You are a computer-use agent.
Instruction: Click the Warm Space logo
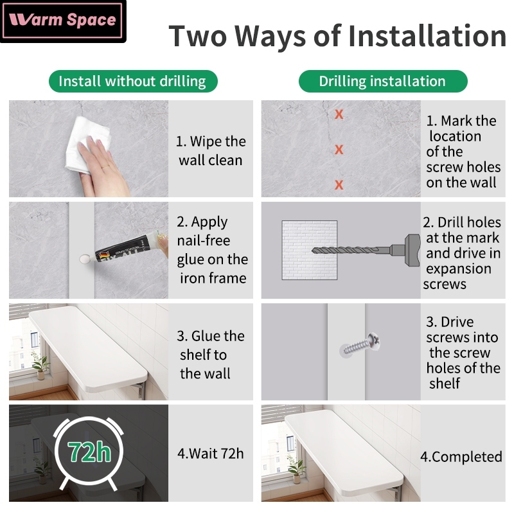[x=62, y=21]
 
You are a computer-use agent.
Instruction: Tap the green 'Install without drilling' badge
[x=133, y=82]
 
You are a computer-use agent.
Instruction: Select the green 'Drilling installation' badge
[x=383, y=82]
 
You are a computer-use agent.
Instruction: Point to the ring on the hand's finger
[x=105, y=166]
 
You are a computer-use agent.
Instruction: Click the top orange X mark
[x=339, y=114]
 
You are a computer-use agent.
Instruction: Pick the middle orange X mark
[x=339, y=150]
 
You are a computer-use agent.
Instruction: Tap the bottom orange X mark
[x=339, y=184]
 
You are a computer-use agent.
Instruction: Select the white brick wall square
[x=310, y=250]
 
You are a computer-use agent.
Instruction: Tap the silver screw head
[x=374, y=342]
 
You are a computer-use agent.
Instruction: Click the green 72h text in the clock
[x=89, y=452]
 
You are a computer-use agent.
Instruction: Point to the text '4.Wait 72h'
[x=211, y=454]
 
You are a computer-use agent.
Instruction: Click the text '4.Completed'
[x=461, y=457]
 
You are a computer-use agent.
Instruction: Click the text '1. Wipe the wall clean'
[x=211, y=151]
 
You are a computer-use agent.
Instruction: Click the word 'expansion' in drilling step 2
[x=459, y=269]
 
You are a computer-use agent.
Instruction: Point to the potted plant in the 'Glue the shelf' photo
[x=40, y=366]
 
